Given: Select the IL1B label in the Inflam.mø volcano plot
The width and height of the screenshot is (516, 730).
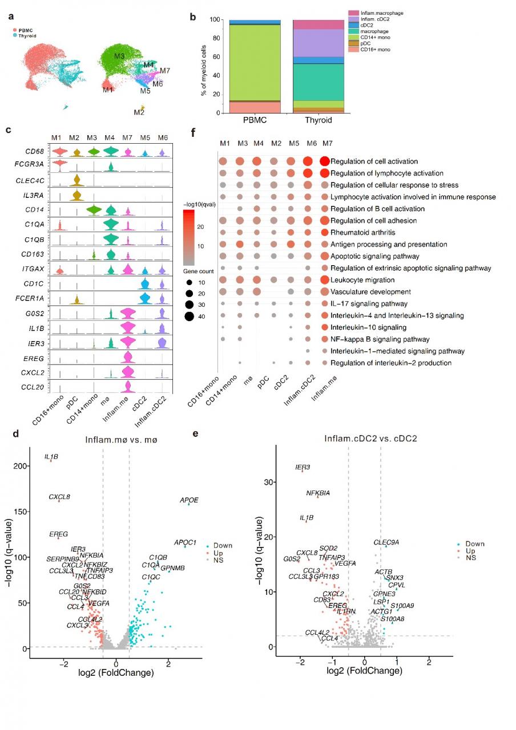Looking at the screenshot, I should pos(51,457).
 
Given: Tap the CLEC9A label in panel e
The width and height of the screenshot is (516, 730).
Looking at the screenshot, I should pos(386,542).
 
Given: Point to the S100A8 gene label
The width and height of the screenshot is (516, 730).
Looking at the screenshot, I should pos(392,619).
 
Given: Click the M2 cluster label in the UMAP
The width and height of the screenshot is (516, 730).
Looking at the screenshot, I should pos(139,112).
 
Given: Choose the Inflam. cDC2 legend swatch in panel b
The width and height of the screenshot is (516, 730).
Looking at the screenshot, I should pos(354,19).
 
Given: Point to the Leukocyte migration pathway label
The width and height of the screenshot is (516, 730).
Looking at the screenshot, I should pos(362,280).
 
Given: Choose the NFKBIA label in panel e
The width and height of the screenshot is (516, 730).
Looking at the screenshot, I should pos(318,493).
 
